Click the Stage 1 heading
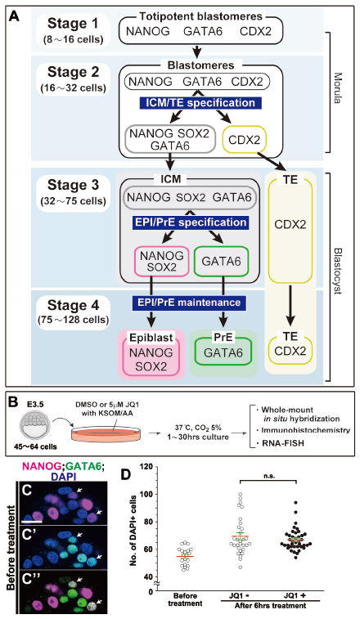pyautogui.click(x=73, y=24)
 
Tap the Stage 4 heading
pyautogui.click(x=73, y=306)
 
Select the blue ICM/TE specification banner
pyautogui.click(x=200, y=103)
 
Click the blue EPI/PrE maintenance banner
pyautogui.click(x=187, y=303)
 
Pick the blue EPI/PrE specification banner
pyautogui.click(x=191, y=222)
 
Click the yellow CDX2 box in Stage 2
pyautogui.click(x=245, y=140)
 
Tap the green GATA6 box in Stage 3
pyautogui.click(x=221, y=262)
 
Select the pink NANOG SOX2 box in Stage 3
pyautogui.click(x=161, y=262)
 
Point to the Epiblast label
pyautogui.click(x=151, y=338)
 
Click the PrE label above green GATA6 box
pyautogui.click(x=223, y=338)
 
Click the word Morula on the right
pyautogui.click(x=336, y=87)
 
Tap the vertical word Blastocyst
pyautogui.click(x=336, y=271)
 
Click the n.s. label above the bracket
pyautogui.click(x=268, y=476)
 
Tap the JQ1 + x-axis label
pyautogui.click(x=296, y=595)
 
